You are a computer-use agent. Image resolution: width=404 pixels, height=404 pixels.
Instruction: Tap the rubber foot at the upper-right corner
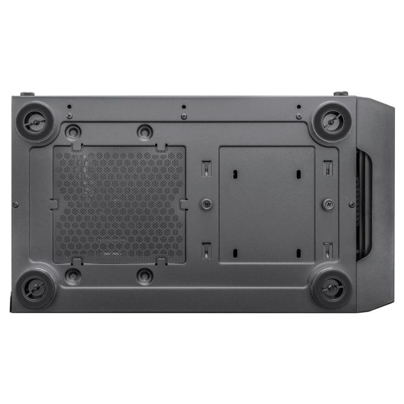point(333,121)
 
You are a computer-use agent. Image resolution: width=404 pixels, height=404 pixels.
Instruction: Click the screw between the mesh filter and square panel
point(206,204)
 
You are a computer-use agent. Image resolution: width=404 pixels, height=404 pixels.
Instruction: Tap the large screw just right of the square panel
point(328,204)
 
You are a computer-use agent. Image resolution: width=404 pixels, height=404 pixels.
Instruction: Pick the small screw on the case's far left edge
point(15,204)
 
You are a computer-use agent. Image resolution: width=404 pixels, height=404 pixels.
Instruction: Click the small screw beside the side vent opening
point(352,204)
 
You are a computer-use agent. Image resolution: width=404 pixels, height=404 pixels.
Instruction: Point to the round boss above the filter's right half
point(145,131)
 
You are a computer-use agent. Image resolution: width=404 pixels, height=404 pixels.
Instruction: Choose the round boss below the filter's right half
point(145,276)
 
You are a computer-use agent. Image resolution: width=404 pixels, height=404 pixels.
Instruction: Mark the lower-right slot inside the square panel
point(298,252)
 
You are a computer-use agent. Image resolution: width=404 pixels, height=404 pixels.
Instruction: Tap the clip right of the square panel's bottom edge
point(328,249)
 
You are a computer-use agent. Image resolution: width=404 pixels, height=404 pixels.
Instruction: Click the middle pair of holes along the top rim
point(184,111)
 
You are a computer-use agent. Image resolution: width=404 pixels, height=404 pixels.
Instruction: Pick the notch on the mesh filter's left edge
point(54,204)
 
